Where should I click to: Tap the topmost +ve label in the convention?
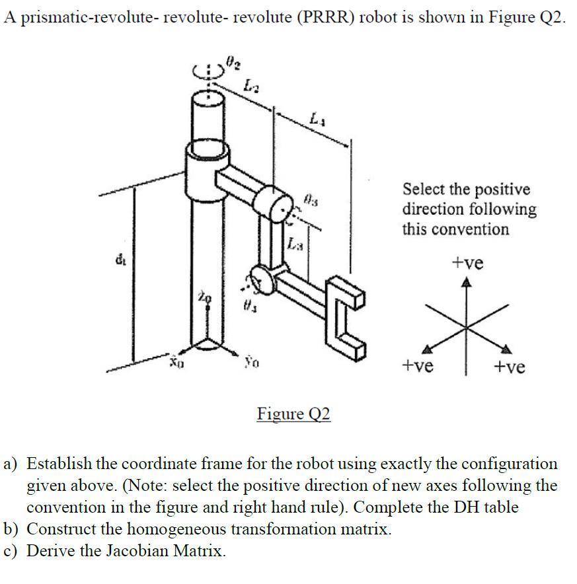(x=467, y=263)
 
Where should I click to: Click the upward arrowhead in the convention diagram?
(x=467, y=283)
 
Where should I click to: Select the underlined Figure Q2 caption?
(x=293, y=414)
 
